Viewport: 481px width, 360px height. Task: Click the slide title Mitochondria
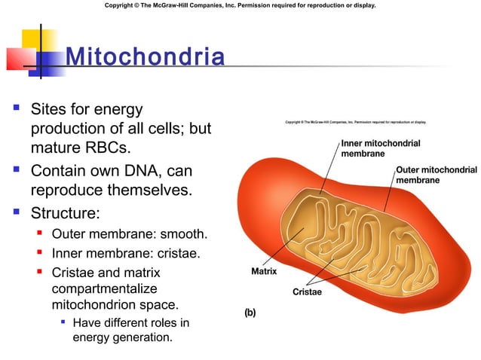tap(145, 57)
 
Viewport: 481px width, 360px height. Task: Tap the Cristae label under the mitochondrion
tap(307, 292)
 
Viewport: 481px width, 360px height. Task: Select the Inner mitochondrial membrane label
tap(380, 148)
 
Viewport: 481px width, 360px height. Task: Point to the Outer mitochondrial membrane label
tap(436, 175)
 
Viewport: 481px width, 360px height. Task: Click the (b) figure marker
tap(249, 313)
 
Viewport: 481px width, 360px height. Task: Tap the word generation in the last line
tap(140, 337)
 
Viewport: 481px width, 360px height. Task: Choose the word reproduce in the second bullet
tap(70, 191)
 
